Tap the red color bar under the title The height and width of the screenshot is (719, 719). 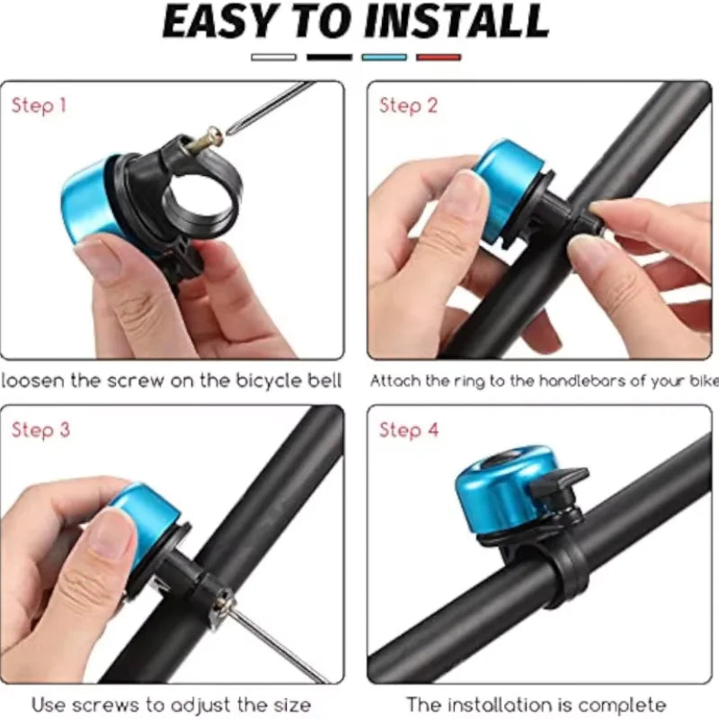coord(439,58)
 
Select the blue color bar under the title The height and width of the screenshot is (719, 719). coord(384,58)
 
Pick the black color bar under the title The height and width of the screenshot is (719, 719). coord(329,58)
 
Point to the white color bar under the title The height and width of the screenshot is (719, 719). coord(274,58)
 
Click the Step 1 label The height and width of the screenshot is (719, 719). coord(40,106)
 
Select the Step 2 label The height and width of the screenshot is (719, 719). coord(408,106)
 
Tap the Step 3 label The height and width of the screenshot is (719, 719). coord(40,431)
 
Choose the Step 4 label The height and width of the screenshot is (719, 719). coord(409,431)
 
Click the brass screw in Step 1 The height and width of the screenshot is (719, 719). coord(206,139)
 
